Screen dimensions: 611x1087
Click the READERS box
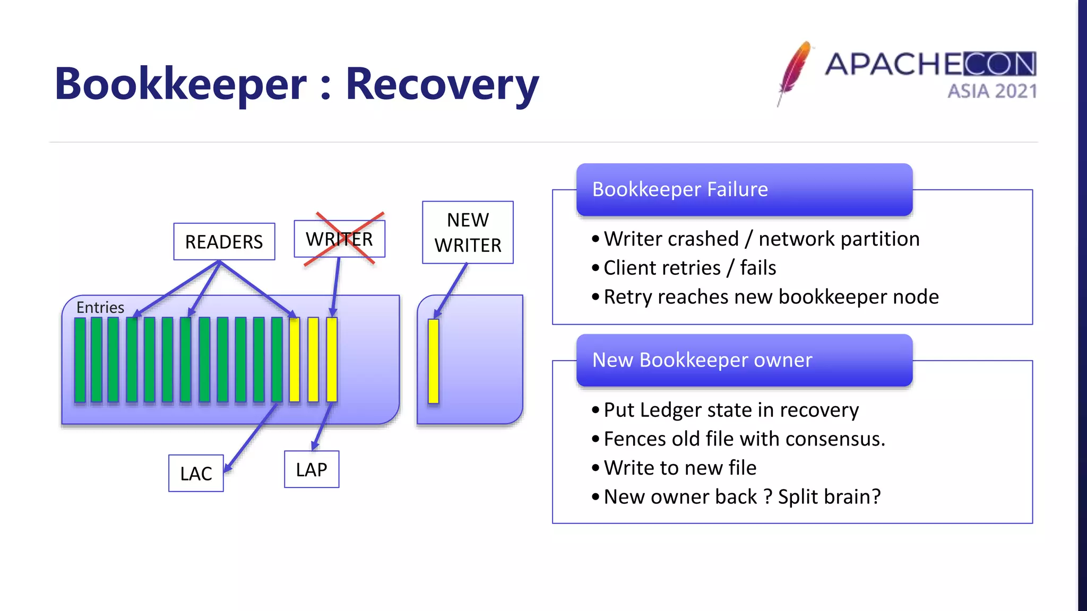click(x=224, y=242)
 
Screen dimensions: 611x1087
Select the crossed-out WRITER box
click(x=340, y=239)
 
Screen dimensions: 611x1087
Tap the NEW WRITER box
click(x=468, y=232)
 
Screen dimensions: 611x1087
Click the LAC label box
click(x=196, y=473)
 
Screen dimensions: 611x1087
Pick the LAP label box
click(x=312, y=469)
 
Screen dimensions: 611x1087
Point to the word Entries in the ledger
click(x=100, y=307)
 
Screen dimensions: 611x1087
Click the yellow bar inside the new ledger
click(x=434, y=361)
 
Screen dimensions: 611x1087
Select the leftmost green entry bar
click(x=80, y=360)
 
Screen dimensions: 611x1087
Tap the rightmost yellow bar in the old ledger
click(x=332, y=360)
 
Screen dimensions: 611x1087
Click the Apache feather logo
click(x=795, y=72)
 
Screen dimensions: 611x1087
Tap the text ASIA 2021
click(x=992, y=91)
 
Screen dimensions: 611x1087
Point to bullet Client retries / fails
click(x=689, y=268)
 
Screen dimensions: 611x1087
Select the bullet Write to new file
click(x=680, y=468)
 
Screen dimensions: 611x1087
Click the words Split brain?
click(x=829, y=497)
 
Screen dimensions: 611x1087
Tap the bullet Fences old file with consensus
click(x=744, y=439)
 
